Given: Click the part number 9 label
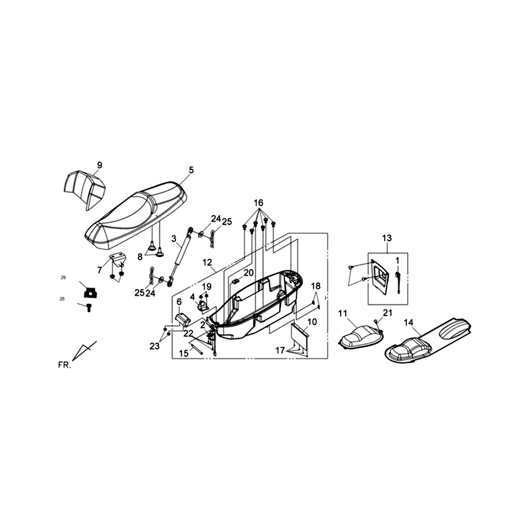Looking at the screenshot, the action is (99, 165).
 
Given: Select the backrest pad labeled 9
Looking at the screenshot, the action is (84, 189).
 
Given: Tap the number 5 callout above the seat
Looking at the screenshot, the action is (191, 170).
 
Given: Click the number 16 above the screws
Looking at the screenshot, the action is (259, 203).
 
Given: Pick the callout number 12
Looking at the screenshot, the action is (207, 262).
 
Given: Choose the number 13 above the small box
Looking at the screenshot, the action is (387, 238).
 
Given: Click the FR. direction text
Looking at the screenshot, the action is (65, 366).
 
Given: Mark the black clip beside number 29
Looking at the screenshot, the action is (90, 292).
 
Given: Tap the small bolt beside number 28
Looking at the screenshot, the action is (89, 308).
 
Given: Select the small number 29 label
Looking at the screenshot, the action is (63, 278).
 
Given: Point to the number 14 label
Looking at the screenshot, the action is (408, 323).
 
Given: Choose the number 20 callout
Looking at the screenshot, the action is (248, 272).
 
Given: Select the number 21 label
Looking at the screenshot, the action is (388, 313).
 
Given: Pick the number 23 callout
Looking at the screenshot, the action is (154, 346).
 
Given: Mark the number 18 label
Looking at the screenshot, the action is (316, 286).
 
